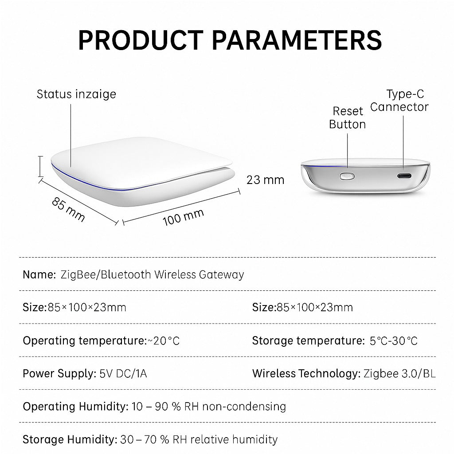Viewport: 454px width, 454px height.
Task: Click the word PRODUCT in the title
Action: (141, 40)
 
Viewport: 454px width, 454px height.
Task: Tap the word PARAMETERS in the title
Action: (297, 40)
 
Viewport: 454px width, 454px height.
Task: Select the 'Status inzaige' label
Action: (76, 94)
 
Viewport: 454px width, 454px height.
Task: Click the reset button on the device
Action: (347, 176)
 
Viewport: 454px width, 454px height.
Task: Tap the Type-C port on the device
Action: (404, 176)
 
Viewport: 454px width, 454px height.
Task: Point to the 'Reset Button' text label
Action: (348, 117)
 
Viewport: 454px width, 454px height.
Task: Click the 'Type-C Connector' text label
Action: (399, 101)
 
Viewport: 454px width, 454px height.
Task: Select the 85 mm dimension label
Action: (68, 210)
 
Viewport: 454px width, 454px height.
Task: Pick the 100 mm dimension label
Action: (183, 217)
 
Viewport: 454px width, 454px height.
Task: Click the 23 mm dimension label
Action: (265, 180)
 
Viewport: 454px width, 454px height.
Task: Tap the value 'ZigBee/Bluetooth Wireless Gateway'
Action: (153, 274)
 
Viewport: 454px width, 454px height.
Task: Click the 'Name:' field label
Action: (39, 274)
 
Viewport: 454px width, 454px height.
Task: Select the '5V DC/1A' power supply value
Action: (123, 373)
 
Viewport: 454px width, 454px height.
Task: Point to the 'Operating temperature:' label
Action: (85, 341)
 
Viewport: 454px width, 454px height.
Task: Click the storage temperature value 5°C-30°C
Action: (394, 341)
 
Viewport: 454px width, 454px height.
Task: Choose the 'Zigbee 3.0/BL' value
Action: (399, 373)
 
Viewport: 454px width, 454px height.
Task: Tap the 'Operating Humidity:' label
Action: (75, 407)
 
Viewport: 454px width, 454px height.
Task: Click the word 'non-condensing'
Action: (244, 407)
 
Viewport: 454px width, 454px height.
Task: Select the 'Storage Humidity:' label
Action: (70, 439)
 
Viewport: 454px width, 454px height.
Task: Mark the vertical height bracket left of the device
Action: (41, 166)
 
